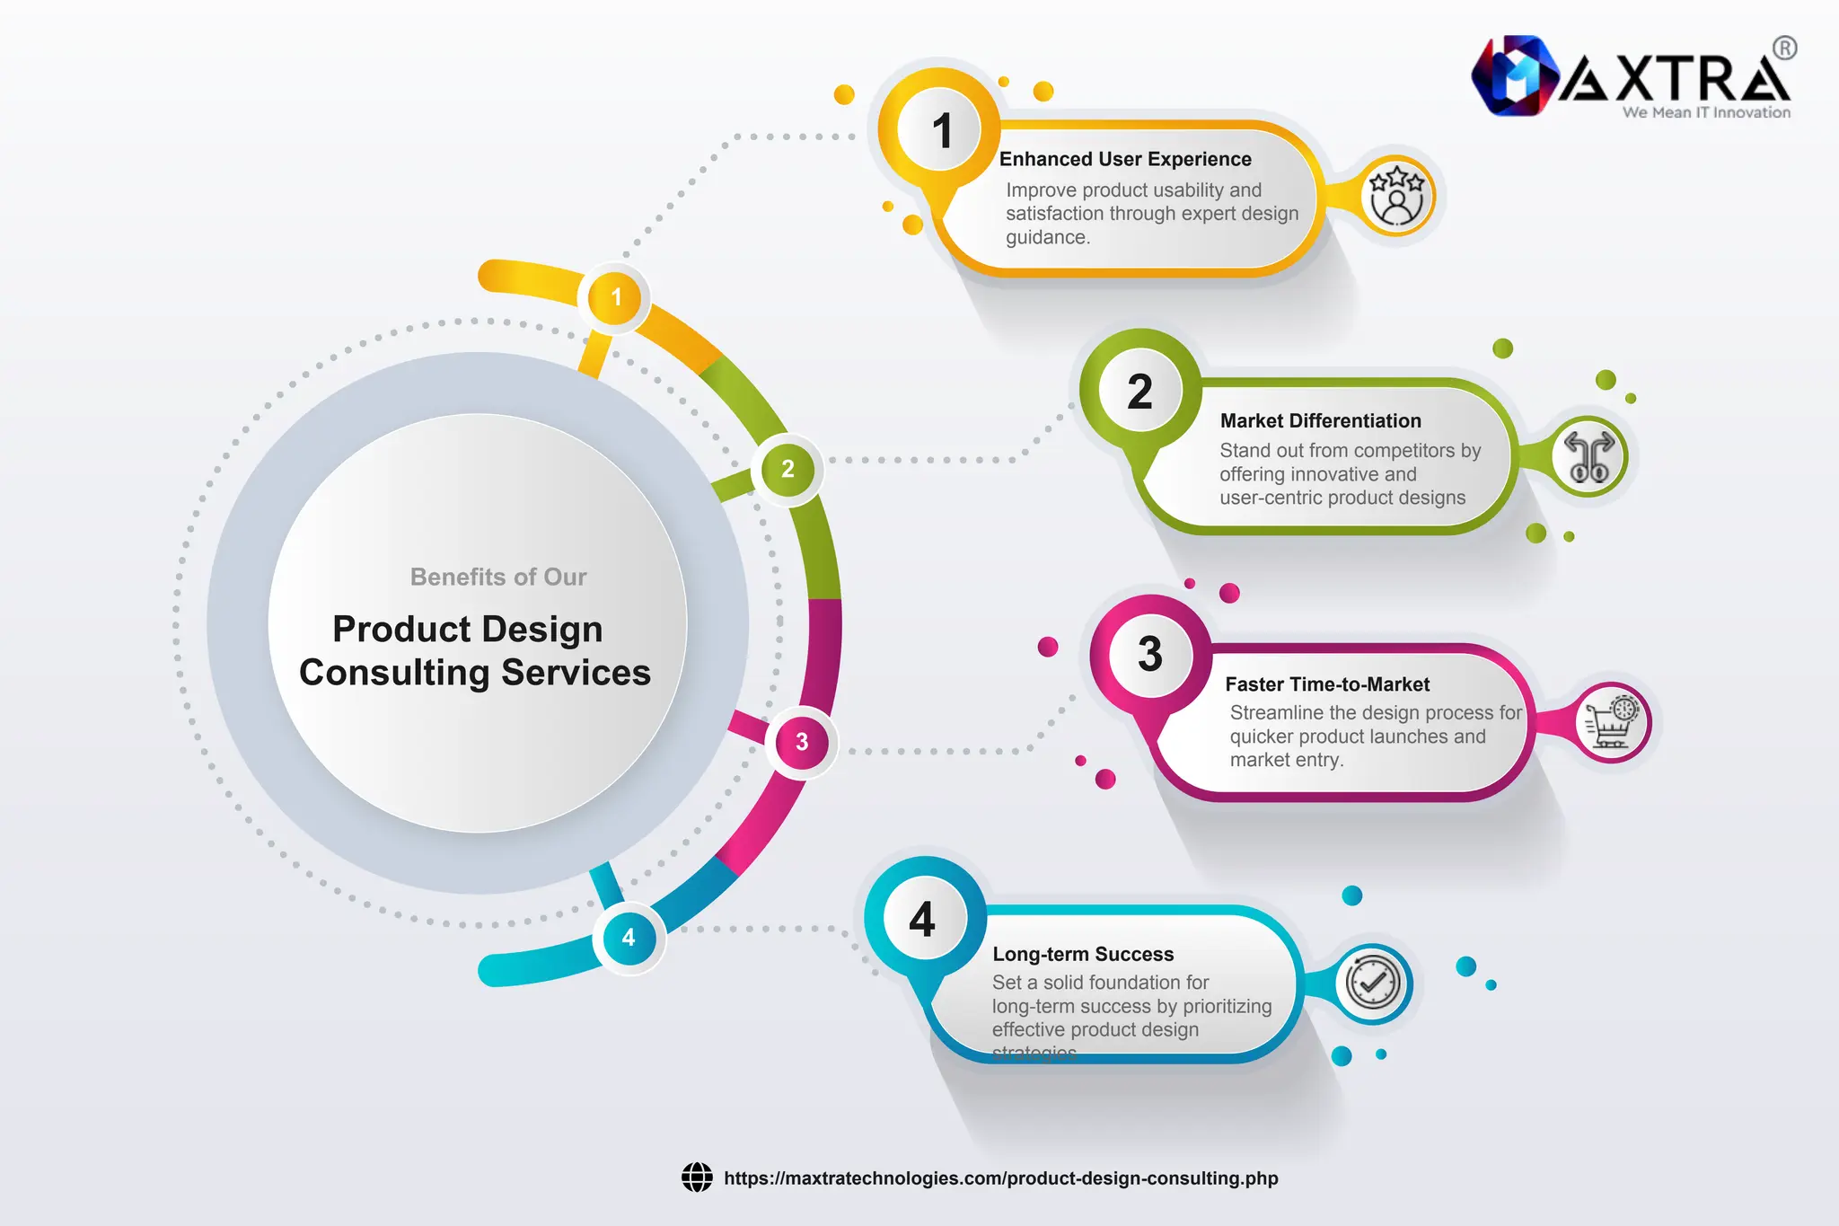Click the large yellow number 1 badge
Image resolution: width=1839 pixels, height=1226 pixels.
click(x=940, y=130)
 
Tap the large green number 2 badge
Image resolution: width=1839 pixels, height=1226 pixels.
click(x=1139, y=392)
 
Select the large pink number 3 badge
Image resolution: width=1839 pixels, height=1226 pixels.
click(x=1149, y=654)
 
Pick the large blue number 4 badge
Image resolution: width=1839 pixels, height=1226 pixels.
click(x=922, y=920)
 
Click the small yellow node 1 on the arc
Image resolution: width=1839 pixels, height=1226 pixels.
click(x=615, y=297)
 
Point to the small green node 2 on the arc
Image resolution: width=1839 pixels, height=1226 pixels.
click(x=788, y=469)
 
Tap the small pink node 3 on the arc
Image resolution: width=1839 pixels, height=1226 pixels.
click(x=802, y=742)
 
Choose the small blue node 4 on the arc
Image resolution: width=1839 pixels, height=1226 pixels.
click(x=629, y=938)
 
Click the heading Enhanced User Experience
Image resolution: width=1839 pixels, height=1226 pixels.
click(x=1124, y=159)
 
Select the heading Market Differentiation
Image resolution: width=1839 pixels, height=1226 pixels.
click(x=1320, y=420)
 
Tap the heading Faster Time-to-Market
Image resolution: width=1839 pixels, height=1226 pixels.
click(x=1326, y=684)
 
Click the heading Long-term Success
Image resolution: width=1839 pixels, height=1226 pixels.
click(x=1083, y=954)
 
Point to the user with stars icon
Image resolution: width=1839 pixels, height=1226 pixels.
click(x=1396, y=196)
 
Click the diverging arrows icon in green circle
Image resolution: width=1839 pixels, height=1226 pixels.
click(x=1588, y=457)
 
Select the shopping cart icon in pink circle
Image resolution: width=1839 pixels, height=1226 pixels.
click(x=1612, y=722)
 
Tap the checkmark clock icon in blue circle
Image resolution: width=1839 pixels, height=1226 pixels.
click(x=1372, y=983)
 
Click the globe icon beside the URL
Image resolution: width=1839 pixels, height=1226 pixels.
click(x=697, y=1177)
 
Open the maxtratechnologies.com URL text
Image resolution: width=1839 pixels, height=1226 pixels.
click(x=1000, y=1178)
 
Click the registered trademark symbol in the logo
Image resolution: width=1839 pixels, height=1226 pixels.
click(x=1785, y=48)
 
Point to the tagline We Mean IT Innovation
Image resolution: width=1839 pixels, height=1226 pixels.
click(x=1705, y=112)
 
